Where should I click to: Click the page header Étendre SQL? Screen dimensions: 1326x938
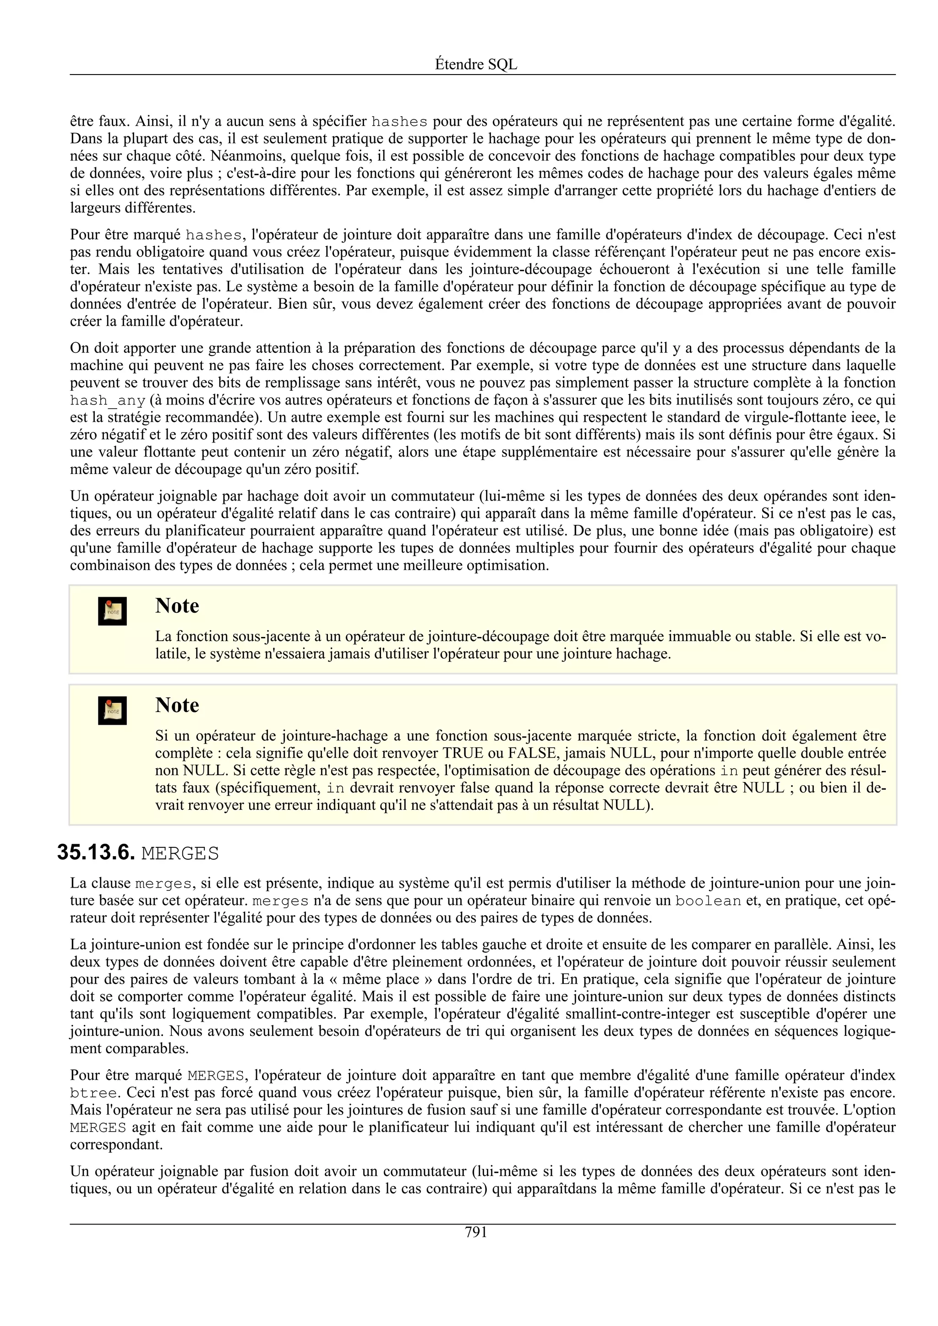pos(476,65)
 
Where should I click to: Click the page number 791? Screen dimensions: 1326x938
pos(476,1233)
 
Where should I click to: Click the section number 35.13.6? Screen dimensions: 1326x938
pos(96,853)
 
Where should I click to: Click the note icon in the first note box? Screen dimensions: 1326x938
pos(112,611)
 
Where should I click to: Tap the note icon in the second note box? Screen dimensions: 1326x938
pos(112,710)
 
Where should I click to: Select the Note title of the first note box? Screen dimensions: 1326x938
pos(177,606)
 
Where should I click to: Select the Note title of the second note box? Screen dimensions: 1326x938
pos(177,705)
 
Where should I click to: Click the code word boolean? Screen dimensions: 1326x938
pos(708,901)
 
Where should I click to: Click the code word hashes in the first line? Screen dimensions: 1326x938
pos(399,122)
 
